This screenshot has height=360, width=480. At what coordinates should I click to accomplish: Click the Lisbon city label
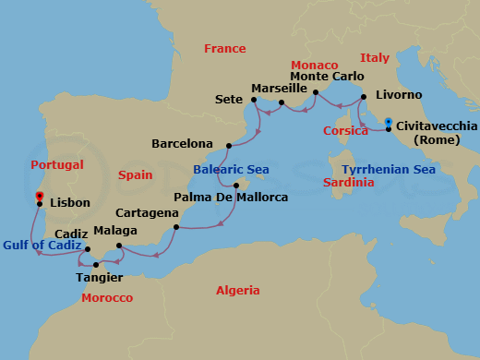point(70,202)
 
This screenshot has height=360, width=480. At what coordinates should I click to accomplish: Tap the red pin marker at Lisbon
point(39,197)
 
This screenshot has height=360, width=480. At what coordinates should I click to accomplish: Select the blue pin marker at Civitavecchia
point(389,122)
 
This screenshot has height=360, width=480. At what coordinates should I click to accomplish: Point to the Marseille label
point(279,89)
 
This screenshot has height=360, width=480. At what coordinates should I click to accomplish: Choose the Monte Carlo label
point(322,77)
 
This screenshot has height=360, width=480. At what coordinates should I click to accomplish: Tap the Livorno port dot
point(364,96)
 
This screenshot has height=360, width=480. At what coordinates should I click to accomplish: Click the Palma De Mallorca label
point(232,198)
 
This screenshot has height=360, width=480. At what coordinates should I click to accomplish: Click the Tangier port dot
point(96,265)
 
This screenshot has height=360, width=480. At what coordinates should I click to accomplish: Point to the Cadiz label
point(71,234)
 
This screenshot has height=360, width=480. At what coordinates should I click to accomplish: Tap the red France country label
point(225,48)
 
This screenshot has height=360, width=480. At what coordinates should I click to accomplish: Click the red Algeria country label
point(238,290)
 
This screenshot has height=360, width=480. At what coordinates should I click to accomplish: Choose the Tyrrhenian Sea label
point(387,170)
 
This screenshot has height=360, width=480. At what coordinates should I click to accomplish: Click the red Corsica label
point(346,131)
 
